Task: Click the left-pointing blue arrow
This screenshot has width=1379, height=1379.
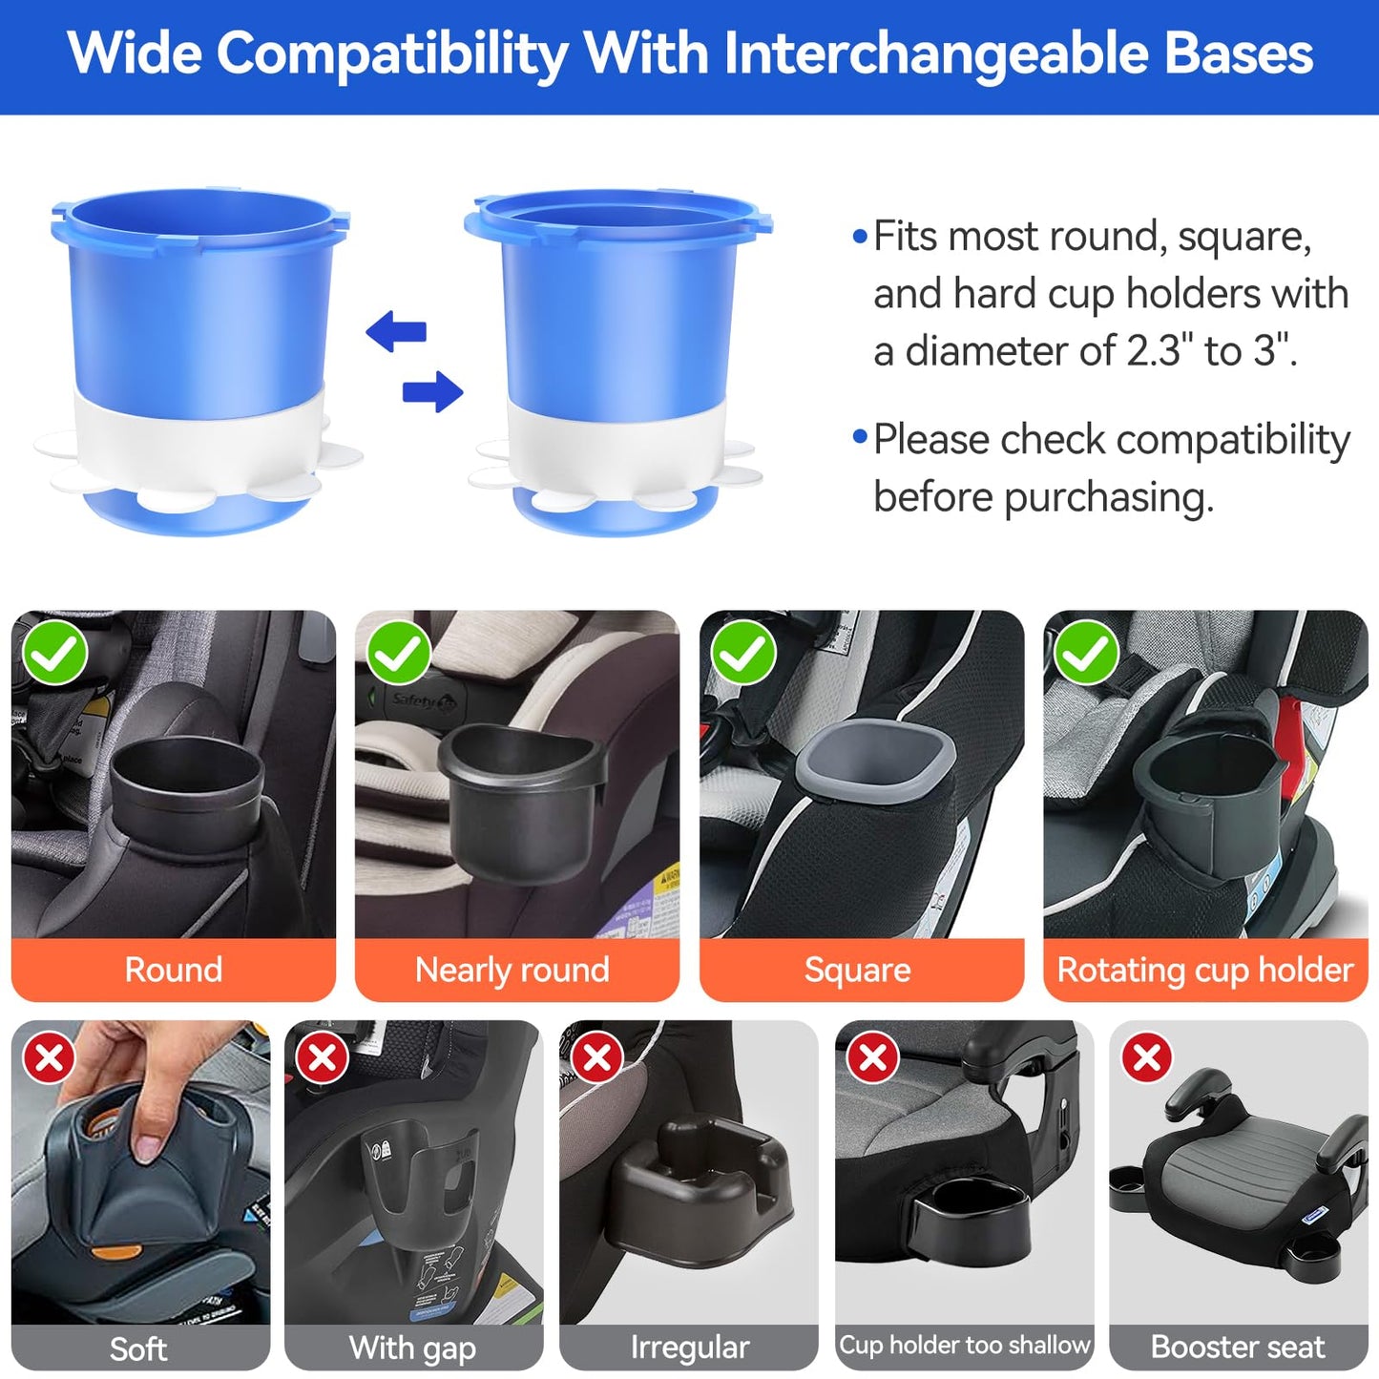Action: [395, 331]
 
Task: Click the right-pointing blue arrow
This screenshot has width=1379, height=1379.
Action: [433, 391]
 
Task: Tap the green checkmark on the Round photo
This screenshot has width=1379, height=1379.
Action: [55, 654]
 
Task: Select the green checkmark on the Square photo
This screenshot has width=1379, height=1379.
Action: [743, 654]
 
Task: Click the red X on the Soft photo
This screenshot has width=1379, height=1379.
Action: [50, 1057]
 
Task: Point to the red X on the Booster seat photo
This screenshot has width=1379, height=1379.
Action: [1146, 1057]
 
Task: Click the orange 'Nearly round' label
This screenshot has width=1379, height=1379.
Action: [512, 970]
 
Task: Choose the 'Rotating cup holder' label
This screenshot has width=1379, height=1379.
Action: [1204, 970]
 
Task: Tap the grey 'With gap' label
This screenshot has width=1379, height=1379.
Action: [412, 1348]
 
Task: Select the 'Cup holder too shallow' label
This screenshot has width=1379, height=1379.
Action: [964, 1345]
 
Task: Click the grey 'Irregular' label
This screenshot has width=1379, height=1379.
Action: [689, 1348]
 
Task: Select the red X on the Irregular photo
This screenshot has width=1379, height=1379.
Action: [597, 1057]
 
